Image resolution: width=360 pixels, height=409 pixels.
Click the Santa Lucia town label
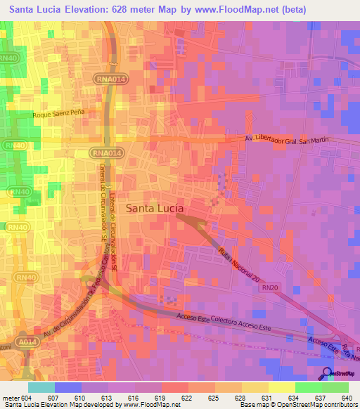click(155, 208)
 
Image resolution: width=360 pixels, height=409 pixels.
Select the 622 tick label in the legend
click(187, 398)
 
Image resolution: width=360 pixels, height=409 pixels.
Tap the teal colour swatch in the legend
click(41, 387)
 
